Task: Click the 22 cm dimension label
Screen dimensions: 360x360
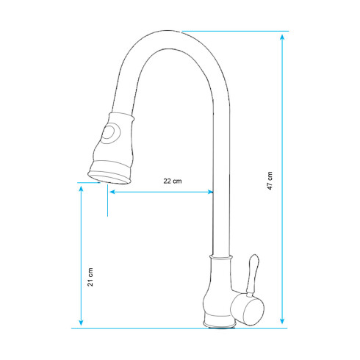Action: coord(171,181)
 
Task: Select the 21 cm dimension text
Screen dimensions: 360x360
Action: coord(90,276)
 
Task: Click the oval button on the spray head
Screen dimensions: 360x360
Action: coord(111,134)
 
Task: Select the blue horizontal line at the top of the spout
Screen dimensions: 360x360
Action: coord(235,31)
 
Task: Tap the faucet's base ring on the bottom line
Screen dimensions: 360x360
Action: coord(218,323)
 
